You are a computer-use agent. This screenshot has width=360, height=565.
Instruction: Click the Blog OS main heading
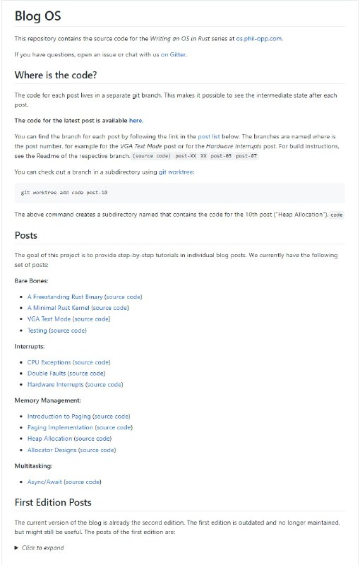pyautogui.click(x=37, y=17)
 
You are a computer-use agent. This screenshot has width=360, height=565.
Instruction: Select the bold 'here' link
pyautogui.click(x=136, y=120)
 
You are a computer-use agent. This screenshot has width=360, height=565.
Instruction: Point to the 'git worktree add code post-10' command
pyautogui.click(x=64, y=192)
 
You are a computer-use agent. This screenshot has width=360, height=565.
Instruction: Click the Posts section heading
pyautogui.click(x=26, y=235)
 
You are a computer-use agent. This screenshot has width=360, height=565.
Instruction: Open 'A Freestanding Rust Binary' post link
pyautogui.click(x=60, y=297)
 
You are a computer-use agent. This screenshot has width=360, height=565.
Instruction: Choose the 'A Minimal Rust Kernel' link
pyautogui.click(x=59, y=308)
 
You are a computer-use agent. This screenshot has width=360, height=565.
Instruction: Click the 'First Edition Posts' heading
pyautogui.click(x=62, y=503)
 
